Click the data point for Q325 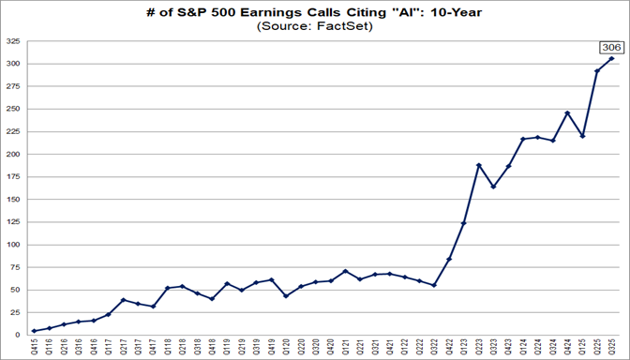coord(612,59)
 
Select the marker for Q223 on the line coord(478,165)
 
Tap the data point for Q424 coord(567,113)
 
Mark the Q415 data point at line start coord(34,331)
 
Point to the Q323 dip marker coord(493,187)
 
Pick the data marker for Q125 coord(582,136)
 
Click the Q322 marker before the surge coord(433,285)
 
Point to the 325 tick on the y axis coord(14,41)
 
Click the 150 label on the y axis coord(14,200)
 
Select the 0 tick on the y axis coord(19,335)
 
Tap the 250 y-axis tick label coord(14,109)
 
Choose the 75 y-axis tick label coord(16,267)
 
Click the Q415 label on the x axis coord(35,347)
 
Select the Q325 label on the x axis coord(612,347)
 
